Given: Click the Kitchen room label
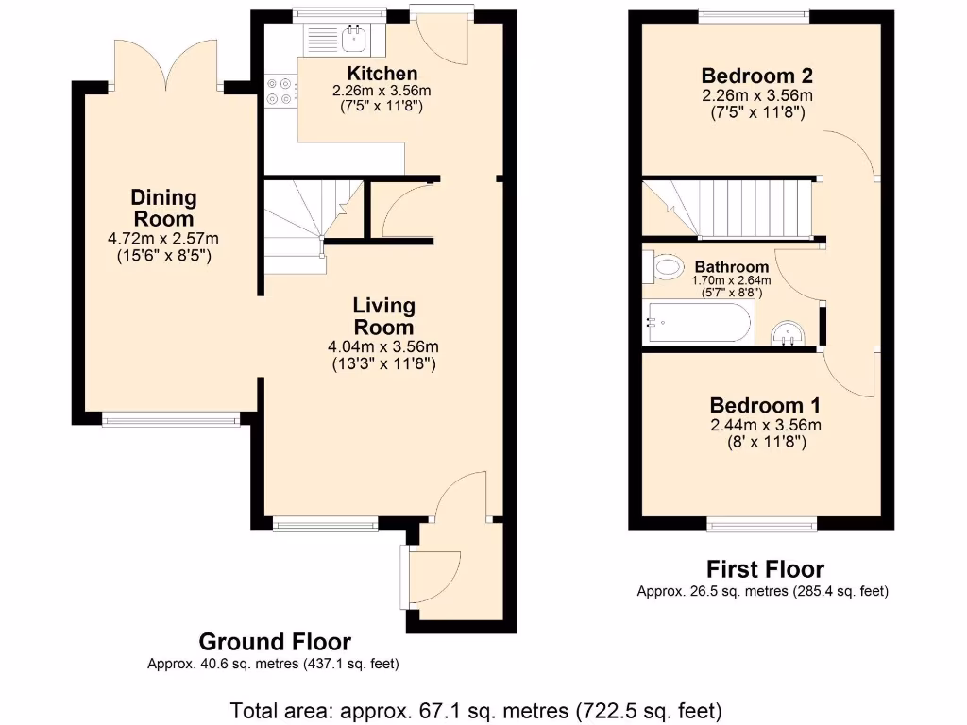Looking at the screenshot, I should (382, 74).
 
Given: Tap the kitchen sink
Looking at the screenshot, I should (341, 39).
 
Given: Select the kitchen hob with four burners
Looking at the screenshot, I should (280, 91).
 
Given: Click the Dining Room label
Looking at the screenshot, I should (164, 208).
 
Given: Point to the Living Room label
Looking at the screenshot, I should (383, 316).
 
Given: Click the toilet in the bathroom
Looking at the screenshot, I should (664, 267).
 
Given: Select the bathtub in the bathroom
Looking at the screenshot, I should (699, 323).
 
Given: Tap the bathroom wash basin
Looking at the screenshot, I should (787, 332).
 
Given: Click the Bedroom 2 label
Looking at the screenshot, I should (756, 76).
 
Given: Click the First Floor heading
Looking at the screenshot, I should (765, 569).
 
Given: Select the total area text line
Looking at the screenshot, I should (477, 709).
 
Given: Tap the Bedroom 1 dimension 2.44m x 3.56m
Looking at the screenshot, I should (765, 425).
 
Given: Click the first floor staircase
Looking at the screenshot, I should (727, 209).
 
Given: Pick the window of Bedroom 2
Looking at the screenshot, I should (753, 13).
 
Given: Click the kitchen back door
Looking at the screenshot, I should (442, 33).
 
